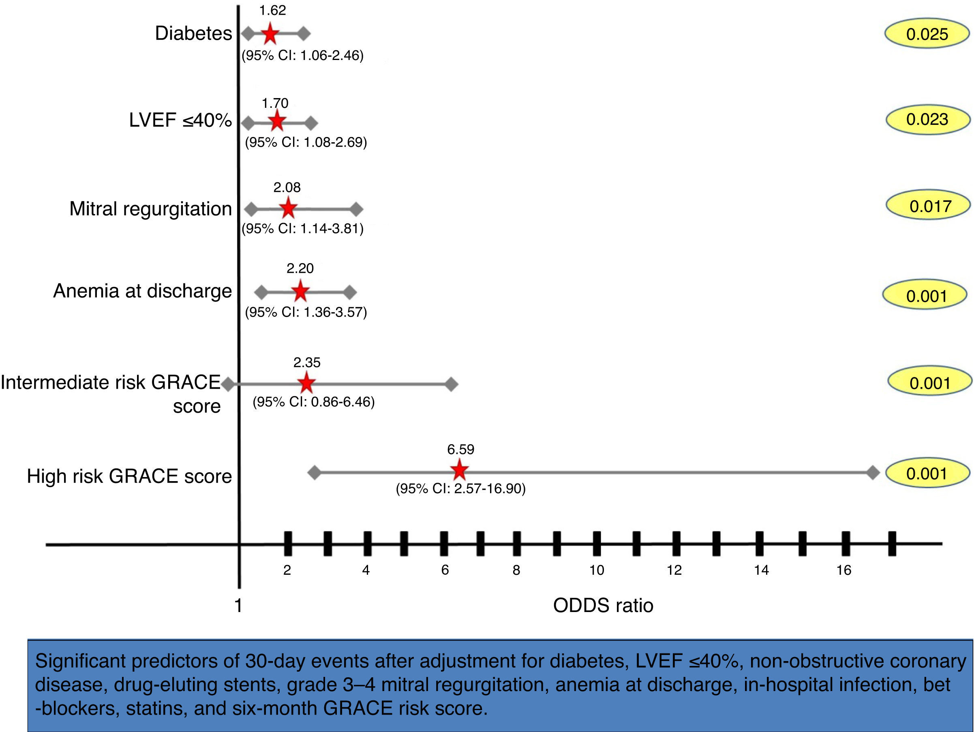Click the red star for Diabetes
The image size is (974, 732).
[270, 34]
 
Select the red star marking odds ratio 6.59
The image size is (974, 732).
[459, 469]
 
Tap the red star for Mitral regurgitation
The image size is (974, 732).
[288, 208]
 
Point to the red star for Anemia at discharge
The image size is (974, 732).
[300, 291]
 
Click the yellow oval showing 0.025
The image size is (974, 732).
[927, 34]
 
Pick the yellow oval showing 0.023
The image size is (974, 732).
[927, 119]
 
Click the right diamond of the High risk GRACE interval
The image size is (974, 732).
[873, 473]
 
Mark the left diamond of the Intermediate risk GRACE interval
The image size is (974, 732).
[228, 384]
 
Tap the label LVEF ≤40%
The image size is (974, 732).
[180, 120]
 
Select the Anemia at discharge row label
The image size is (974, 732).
[142, 291]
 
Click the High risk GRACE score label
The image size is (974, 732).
[129, 476]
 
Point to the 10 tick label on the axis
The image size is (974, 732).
[597, 570]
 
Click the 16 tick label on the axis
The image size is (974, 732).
[843, 570]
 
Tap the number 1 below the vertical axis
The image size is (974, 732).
[238, 606]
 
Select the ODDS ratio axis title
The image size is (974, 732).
[603, 606]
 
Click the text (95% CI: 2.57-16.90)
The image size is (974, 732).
[460, 489]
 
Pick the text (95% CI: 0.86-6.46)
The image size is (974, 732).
[313, 402]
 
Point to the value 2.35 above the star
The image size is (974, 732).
[307, 362]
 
